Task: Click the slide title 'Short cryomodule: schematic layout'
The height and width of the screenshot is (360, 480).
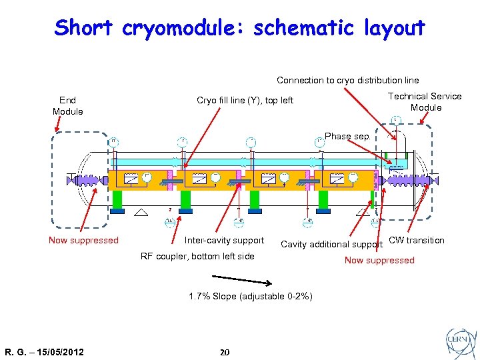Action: (239, 28)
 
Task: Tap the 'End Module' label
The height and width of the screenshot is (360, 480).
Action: (67, 106)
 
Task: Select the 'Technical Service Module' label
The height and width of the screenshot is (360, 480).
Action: (425, 101)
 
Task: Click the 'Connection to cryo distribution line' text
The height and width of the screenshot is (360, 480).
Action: (347, 80)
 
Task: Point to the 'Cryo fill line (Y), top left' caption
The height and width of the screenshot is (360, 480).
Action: (245, 101)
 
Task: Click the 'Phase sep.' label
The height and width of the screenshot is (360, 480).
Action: (347, 136)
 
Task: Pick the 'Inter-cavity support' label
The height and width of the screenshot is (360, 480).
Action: (224, 240)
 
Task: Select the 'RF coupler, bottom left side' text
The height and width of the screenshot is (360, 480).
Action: (197, 256)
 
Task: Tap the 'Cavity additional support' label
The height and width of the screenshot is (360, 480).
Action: (332, 244)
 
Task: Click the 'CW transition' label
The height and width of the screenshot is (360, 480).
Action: (416, 240)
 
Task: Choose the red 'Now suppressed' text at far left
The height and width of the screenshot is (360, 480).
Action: (83, 240)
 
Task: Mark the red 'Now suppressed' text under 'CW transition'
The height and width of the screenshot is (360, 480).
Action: (379, 260)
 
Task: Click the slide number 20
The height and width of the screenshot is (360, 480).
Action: (225, 351)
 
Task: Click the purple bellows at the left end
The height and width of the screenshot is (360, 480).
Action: (87, 180)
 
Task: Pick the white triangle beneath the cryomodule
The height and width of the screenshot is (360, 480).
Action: (141, 213)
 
